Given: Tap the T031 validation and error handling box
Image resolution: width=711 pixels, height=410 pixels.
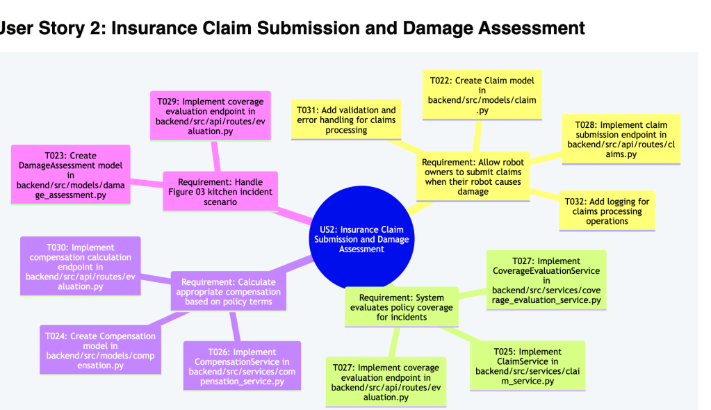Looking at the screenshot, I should coord(346,120).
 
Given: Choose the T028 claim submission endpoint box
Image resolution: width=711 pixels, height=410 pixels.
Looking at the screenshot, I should coord(621,139).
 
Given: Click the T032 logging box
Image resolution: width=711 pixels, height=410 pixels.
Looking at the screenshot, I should coord(607,211).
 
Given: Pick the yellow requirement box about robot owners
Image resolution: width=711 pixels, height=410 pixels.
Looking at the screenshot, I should coord(473,177).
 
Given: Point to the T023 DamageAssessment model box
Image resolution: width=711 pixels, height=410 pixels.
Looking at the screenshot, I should coord(70,174).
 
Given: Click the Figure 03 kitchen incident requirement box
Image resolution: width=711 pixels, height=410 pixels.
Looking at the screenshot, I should coord(220,191).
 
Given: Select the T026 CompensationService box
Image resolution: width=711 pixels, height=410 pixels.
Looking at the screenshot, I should coord(241,366).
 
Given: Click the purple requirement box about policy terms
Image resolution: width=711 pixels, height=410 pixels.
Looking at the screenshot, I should coord(228,291).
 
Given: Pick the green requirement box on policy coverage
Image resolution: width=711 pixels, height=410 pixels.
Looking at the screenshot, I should coord(401,306).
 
